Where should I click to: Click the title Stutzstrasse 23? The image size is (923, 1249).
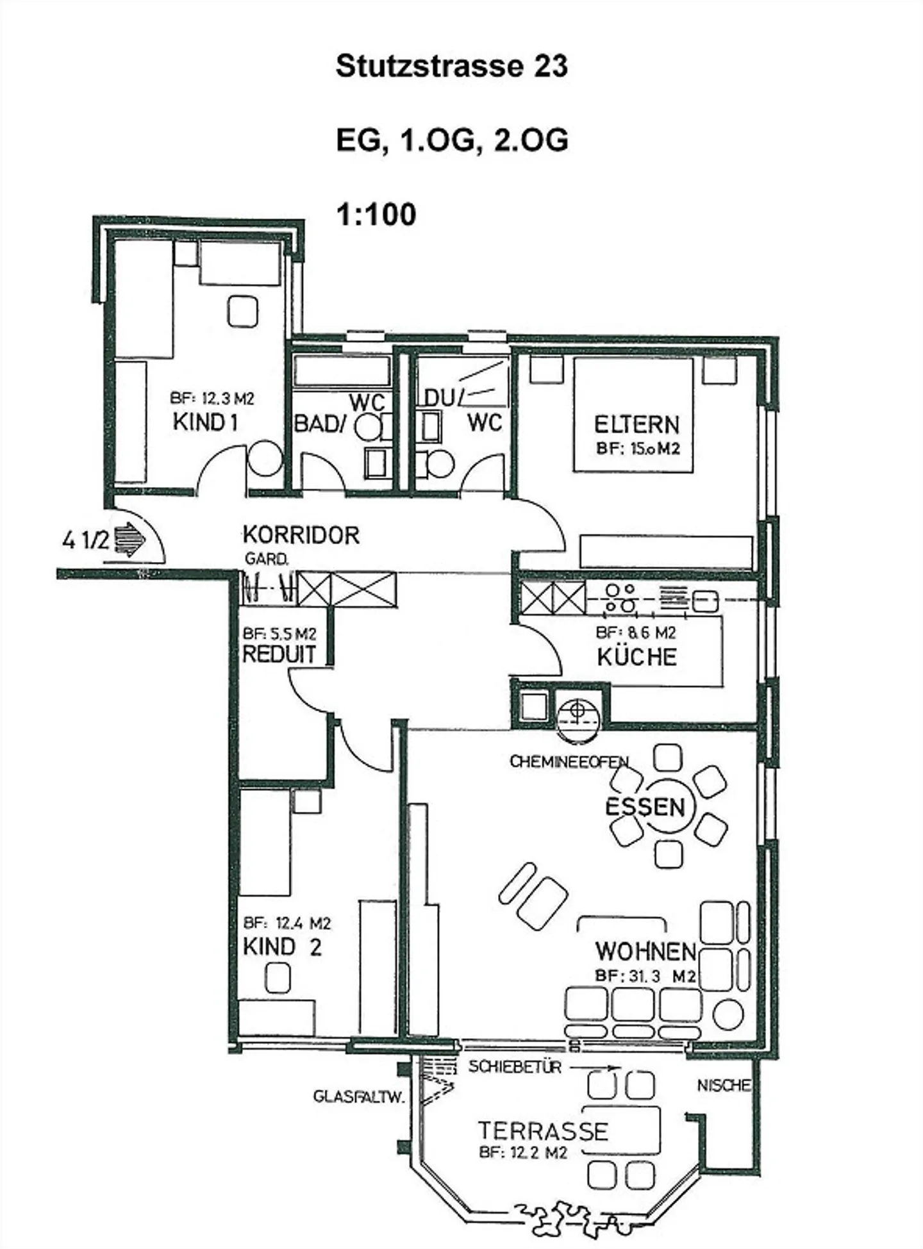coord(452,67)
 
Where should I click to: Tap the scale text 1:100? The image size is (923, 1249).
coord(376,214)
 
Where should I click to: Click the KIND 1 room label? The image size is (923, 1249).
coord(205,422)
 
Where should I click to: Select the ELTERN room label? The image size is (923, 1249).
coord(636,425)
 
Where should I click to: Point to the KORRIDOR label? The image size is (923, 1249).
coord(301,535)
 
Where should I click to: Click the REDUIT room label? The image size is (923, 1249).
coord(279,654)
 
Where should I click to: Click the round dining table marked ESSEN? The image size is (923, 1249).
coord(668,806)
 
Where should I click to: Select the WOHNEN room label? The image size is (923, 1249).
coord(645,952)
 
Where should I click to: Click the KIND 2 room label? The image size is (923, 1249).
coord(282,947)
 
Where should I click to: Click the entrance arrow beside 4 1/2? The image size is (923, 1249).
coord(130,538)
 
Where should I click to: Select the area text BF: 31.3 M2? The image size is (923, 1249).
coord(645,977)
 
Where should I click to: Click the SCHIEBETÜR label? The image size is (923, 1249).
coord(515,1067)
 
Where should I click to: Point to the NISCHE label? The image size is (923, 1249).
coord(724,1085)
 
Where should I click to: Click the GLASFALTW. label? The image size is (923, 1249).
coord(359,1096)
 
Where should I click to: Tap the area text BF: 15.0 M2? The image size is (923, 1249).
coord(637,449)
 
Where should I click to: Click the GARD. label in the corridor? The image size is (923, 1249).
coord(267,559)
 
